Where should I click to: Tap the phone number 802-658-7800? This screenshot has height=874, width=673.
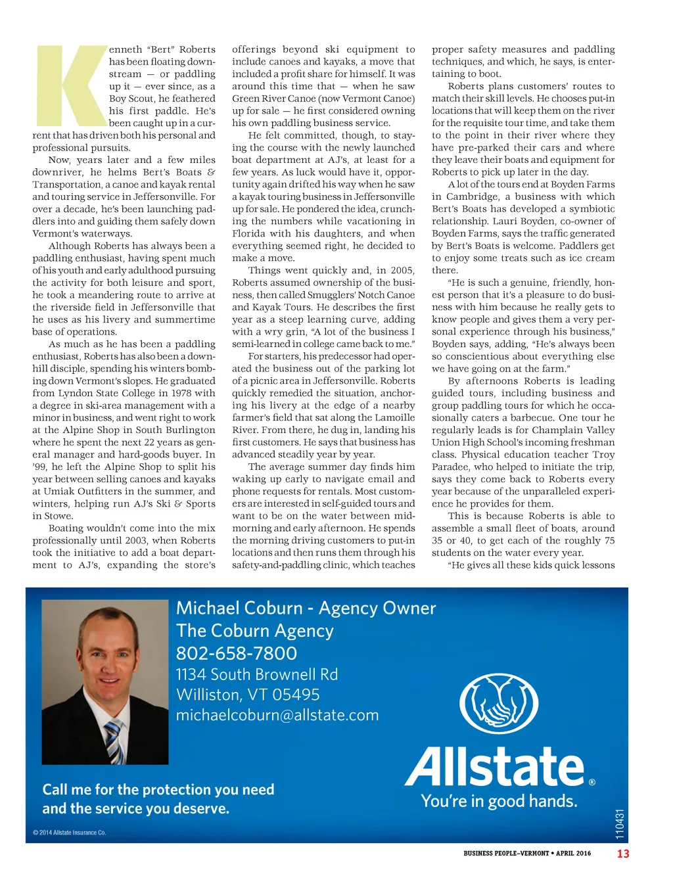(x=237, y=653)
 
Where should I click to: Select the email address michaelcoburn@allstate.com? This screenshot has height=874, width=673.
(x=277, y=715)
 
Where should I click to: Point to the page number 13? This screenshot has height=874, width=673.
(x=622, y=854)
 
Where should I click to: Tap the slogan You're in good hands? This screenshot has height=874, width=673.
(x=499, y=801)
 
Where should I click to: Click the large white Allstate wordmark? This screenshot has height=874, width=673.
(x=494, y=766)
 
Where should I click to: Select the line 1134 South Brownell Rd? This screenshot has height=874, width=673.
(x=257, y=674)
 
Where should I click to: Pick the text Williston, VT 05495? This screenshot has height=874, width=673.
(x=248, y=695)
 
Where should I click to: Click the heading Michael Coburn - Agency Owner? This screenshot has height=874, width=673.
(x=306, y=608)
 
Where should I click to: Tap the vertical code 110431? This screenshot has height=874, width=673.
(x=620, y=824)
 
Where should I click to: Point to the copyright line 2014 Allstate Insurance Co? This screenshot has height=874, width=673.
(x=70, y=833)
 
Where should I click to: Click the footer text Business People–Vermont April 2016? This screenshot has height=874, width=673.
(x=526, y=854)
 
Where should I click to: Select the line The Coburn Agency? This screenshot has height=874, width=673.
(x=255, y=631)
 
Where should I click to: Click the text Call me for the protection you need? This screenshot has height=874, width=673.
(x=158, y=789)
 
